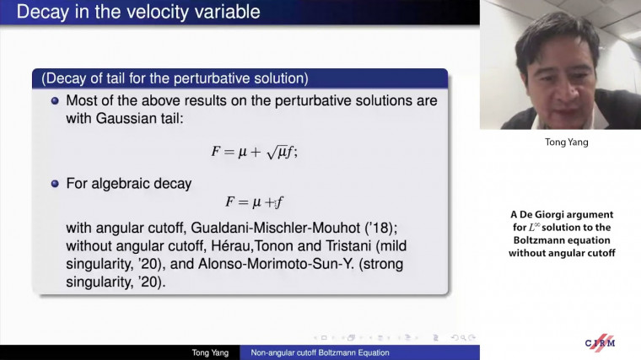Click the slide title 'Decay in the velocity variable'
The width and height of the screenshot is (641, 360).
pyautogui.click(x=138, y=13)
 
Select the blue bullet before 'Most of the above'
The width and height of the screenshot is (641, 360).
pyautogui.click(x=55, y=100)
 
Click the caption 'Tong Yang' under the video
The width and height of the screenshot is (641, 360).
pyautogui.click(x=561, y=142)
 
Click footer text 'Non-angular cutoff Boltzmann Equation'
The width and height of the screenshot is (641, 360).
pyautogui.click(x=320, y=352)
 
